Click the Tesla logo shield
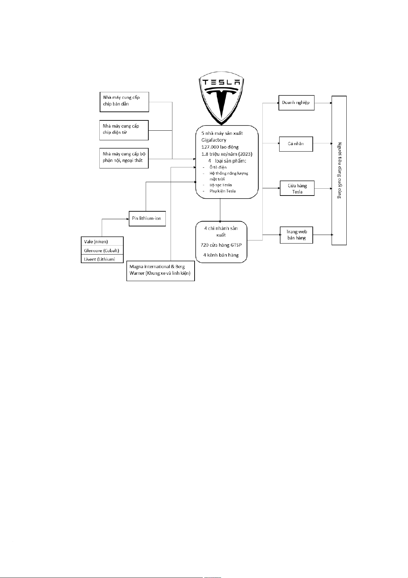click(222, 98)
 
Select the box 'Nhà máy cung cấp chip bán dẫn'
click(124, 102)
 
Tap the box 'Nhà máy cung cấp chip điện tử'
click(124, 130)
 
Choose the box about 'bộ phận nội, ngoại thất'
click(124, 158)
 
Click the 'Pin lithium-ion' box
click(147, 219)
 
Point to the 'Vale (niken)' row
click(102, 241)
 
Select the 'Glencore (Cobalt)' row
click(102, 250)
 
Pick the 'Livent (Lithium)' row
click(102, 259)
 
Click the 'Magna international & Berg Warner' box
click(160, 271)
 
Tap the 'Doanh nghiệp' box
click(296, 103)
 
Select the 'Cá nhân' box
click(296, 144)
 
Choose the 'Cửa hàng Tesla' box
click(297, 188)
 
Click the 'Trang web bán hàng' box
click(296, 235)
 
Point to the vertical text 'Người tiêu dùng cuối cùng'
click(339, 170)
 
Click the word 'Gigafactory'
click(214, 140)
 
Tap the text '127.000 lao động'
click(220, 147)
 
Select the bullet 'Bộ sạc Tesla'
click(221, 185)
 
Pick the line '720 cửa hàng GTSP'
click(221, 245)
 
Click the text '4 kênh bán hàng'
click(221, 255)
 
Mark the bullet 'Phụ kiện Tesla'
click(223, 191)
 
